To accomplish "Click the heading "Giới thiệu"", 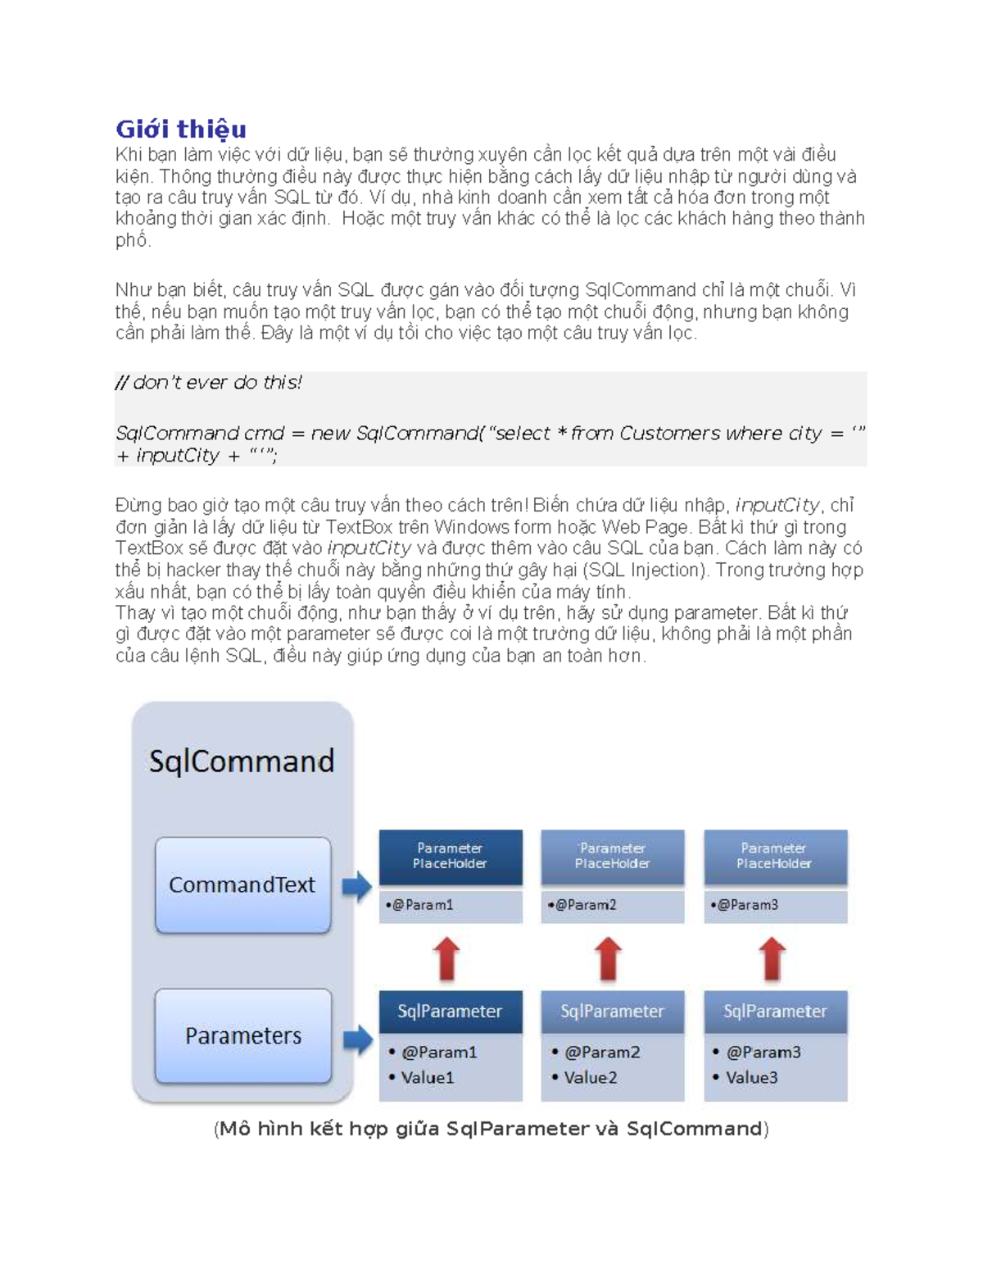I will click(181, 129).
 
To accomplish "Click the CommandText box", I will click(242, 884).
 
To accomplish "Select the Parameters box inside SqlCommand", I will click(242, 1035).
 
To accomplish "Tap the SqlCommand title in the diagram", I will click(242, 761).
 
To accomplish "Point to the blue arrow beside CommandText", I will click(356, 886).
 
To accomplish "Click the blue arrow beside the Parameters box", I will click(357, 1039).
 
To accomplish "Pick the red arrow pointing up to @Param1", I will click(447, 958).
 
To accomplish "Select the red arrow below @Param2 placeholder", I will click(608, 958).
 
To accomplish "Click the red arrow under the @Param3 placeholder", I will click(772, 958).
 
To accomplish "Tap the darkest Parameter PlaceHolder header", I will click(450, 856).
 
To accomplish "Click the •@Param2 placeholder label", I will click(582, 905).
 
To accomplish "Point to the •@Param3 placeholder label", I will click(745, 905).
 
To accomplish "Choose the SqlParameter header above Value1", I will click(450, 1012).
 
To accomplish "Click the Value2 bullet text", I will click(590, 1077).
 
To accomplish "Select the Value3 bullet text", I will click(751, 1077).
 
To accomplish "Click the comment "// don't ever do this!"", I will click(209, 383).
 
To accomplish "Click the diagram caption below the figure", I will click(491, 1129).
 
